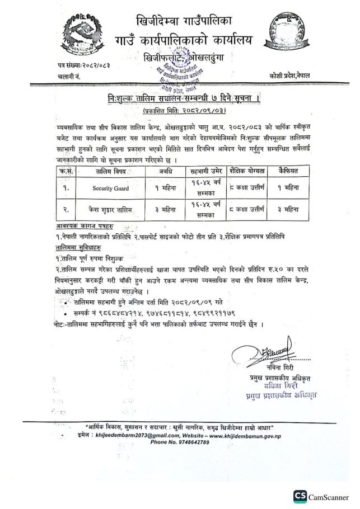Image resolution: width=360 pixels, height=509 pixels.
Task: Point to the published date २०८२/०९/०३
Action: tap(179, 111)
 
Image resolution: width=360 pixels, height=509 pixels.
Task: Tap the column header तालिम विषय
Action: tap(110, 171)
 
